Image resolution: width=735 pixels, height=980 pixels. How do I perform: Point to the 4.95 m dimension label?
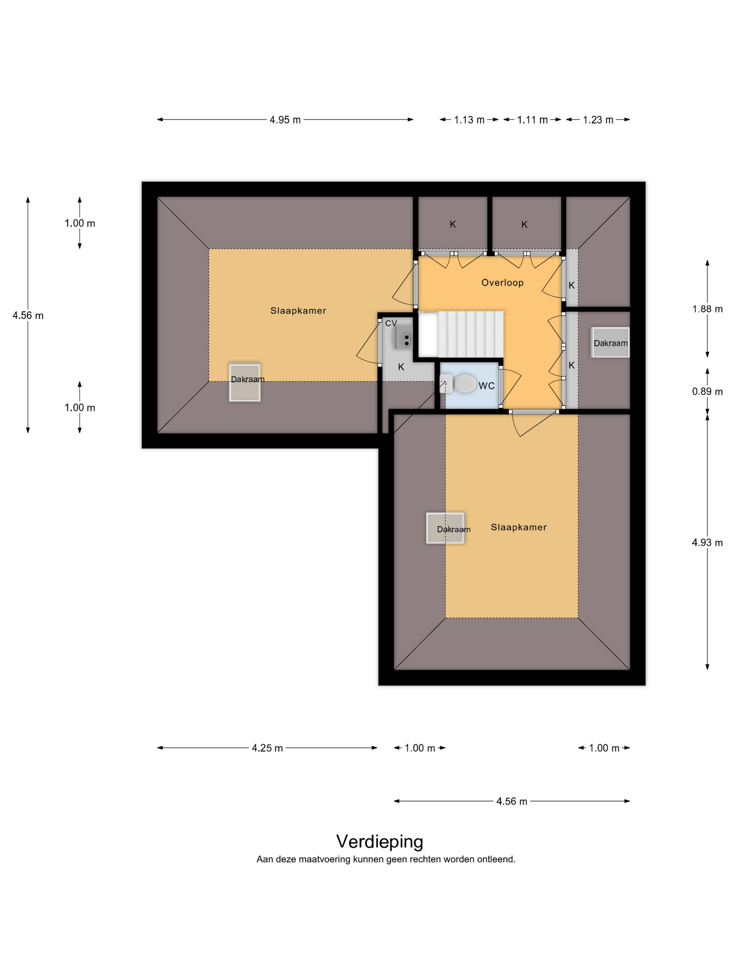coord(285,120)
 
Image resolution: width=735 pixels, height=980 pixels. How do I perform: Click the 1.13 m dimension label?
coord(469,120)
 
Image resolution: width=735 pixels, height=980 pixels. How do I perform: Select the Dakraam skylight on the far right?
coord(610,342)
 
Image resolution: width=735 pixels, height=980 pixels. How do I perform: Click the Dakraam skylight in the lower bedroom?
coord(445,528)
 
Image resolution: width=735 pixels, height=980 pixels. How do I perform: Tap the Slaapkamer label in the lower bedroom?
coord(518,527)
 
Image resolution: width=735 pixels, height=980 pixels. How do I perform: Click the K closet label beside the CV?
coord(401,367)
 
